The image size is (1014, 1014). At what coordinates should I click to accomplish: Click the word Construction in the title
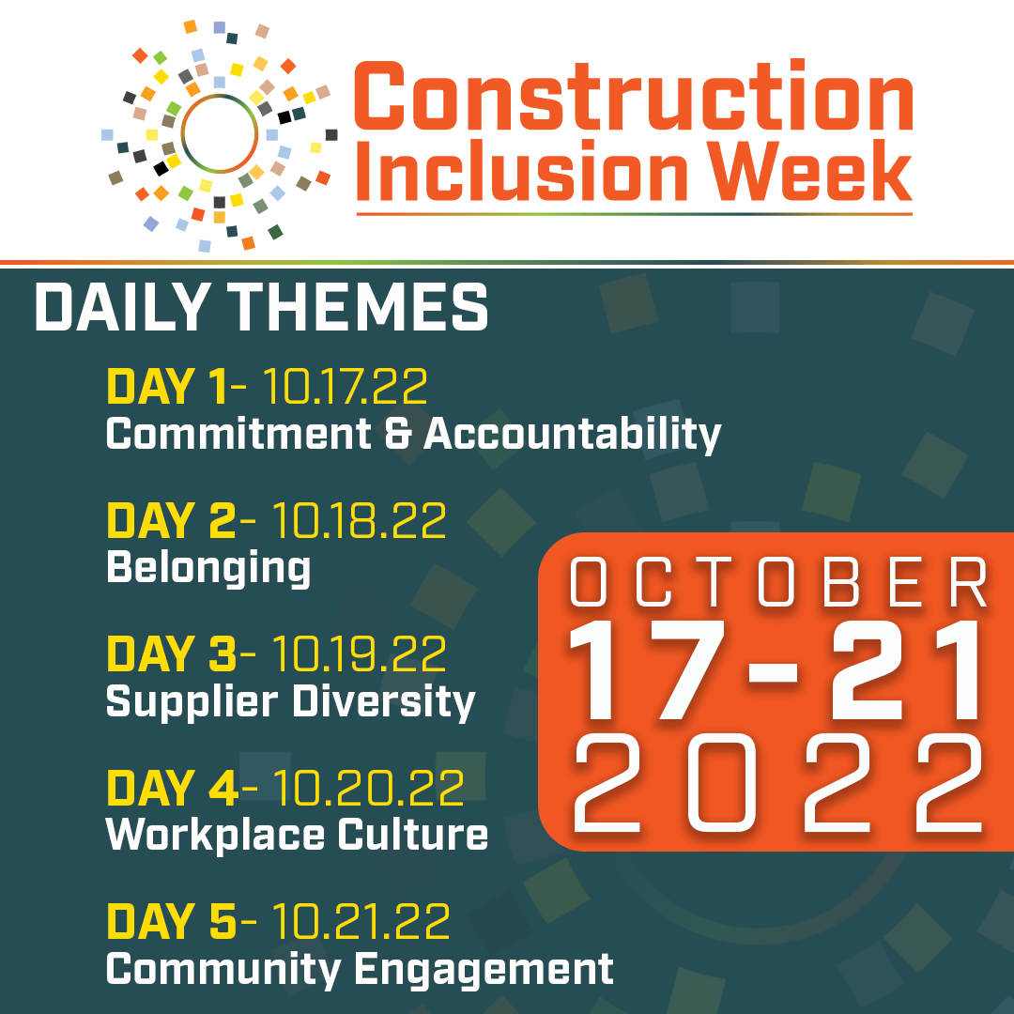point(634,96)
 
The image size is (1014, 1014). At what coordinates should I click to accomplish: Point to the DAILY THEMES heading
point(261,307)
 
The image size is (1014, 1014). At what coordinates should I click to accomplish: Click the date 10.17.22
point(345,387)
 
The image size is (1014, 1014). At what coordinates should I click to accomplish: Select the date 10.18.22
point(359,520)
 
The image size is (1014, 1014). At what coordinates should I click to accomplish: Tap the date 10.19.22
point(359,653)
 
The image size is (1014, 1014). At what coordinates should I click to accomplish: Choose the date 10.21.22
point(361,921)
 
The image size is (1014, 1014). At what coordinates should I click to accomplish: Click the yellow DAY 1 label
point(167,387)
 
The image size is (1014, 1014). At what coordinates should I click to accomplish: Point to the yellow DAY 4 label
point(173,788)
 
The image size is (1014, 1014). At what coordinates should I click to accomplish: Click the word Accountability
point(573,435)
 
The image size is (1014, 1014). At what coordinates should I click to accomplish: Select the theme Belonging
point(208,568)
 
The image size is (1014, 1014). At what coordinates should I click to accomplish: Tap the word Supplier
point(192,702)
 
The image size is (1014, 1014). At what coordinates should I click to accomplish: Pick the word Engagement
point(484,970)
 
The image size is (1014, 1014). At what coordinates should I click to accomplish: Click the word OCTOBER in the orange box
point(778,582)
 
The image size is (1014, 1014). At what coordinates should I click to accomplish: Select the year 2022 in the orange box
point(778,783)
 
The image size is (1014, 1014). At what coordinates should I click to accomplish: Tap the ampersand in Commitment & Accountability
point(398,433)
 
